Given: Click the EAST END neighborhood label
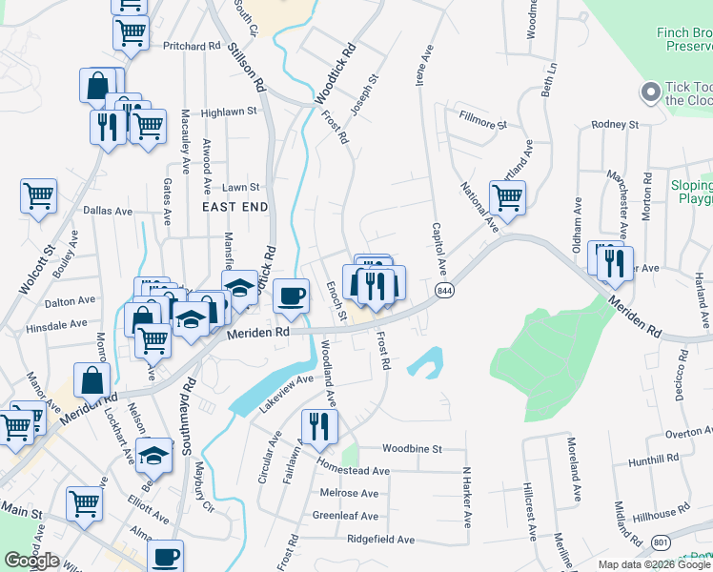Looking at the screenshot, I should click(x=234, y=206).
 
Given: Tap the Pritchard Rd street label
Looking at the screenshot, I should click(x=191, y=46).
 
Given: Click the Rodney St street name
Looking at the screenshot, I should click(x=614, y=124).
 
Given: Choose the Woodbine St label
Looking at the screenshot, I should click(x=412, y=448).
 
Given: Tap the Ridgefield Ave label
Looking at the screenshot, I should click(x=380, y=540).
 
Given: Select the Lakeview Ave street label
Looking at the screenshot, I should click(x=287, y=392).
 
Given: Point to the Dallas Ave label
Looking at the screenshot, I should click(x=105, y=210).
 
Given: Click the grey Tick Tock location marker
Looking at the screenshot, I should click(x=651, y=92).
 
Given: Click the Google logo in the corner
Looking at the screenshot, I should click(x=31, y=561).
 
